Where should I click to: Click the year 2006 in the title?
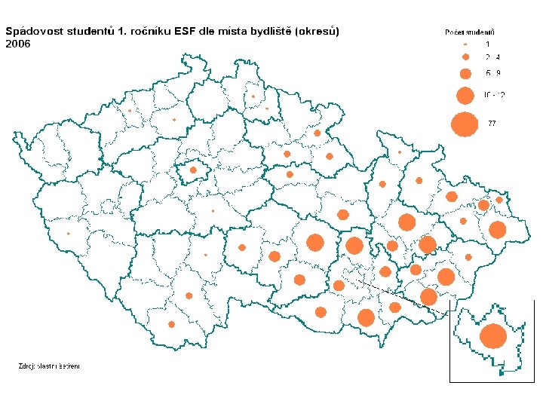click(x=18, y=44)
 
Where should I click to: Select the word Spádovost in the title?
click(x=35, y=32)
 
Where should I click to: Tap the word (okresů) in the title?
click(x=318, y=32)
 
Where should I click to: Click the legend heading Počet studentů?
click(x=475, y=32)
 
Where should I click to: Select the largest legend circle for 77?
click(x=465, y=123)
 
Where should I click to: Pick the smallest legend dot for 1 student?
click(x=465, y=45)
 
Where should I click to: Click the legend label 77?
click(x=492, y=123)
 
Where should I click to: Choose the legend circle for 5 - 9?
click(x=465, y=73)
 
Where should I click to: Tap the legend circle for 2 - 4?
click(x=465, y=57)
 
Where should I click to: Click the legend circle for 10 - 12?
click(x=465, y=95)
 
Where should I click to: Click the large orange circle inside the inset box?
click(x=493, y=336)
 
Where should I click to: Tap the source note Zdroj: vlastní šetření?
click(x=49, y=366)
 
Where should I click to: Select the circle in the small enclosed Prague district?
click(x=193, y=171)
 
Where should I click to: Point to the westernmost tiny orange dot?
click(x=68, y=233)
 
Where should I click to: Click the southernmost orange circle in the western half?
click(x=172, y=324)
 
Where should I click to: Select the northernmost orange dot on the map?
click(x=253, y=96)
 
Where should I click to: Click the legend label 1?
click(x=487, y=45)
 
